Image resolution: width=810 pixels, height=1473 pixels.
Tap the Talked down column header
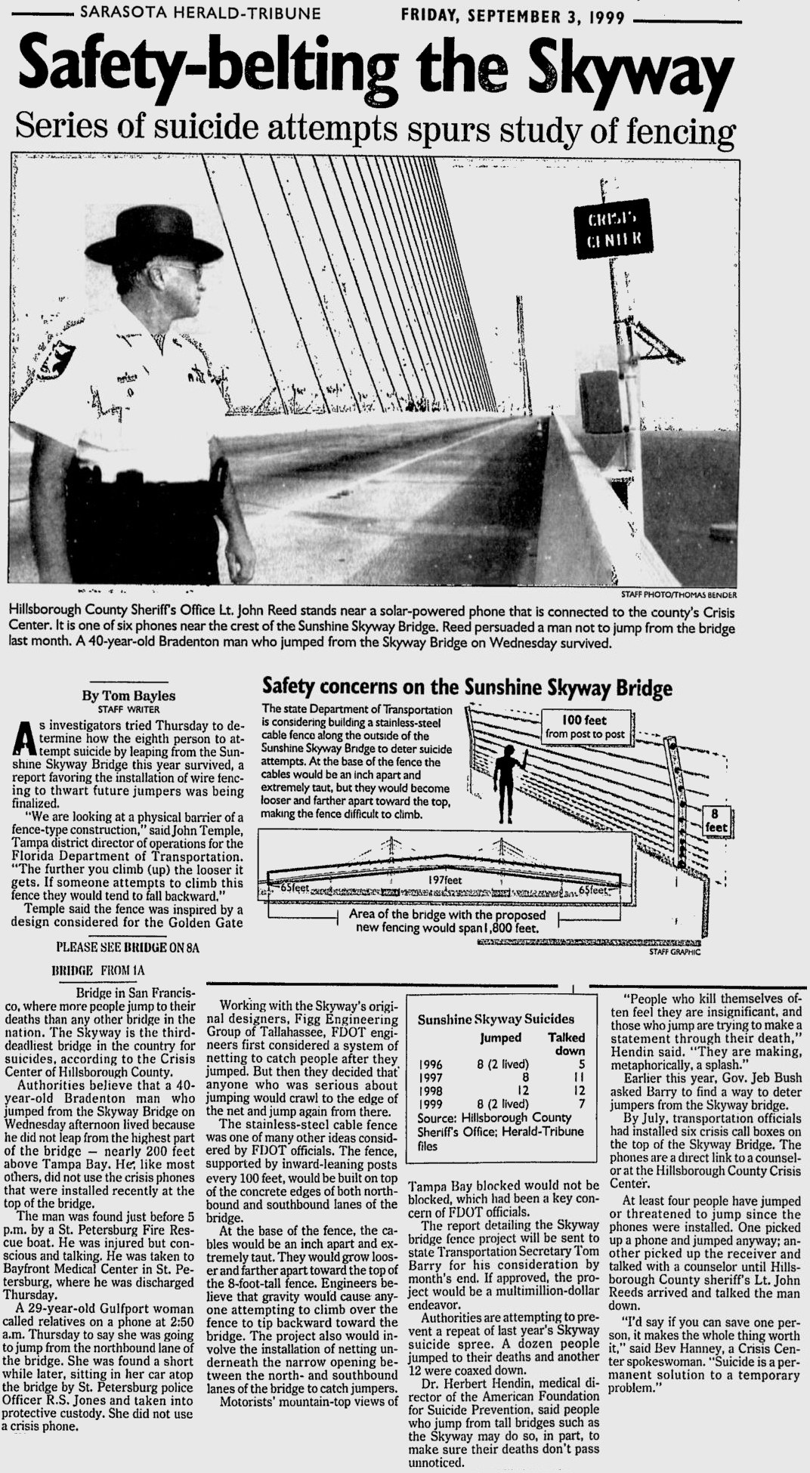(566, 1044)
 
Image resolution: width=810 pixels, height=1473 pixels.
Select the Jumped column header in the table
(500, 1038)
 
